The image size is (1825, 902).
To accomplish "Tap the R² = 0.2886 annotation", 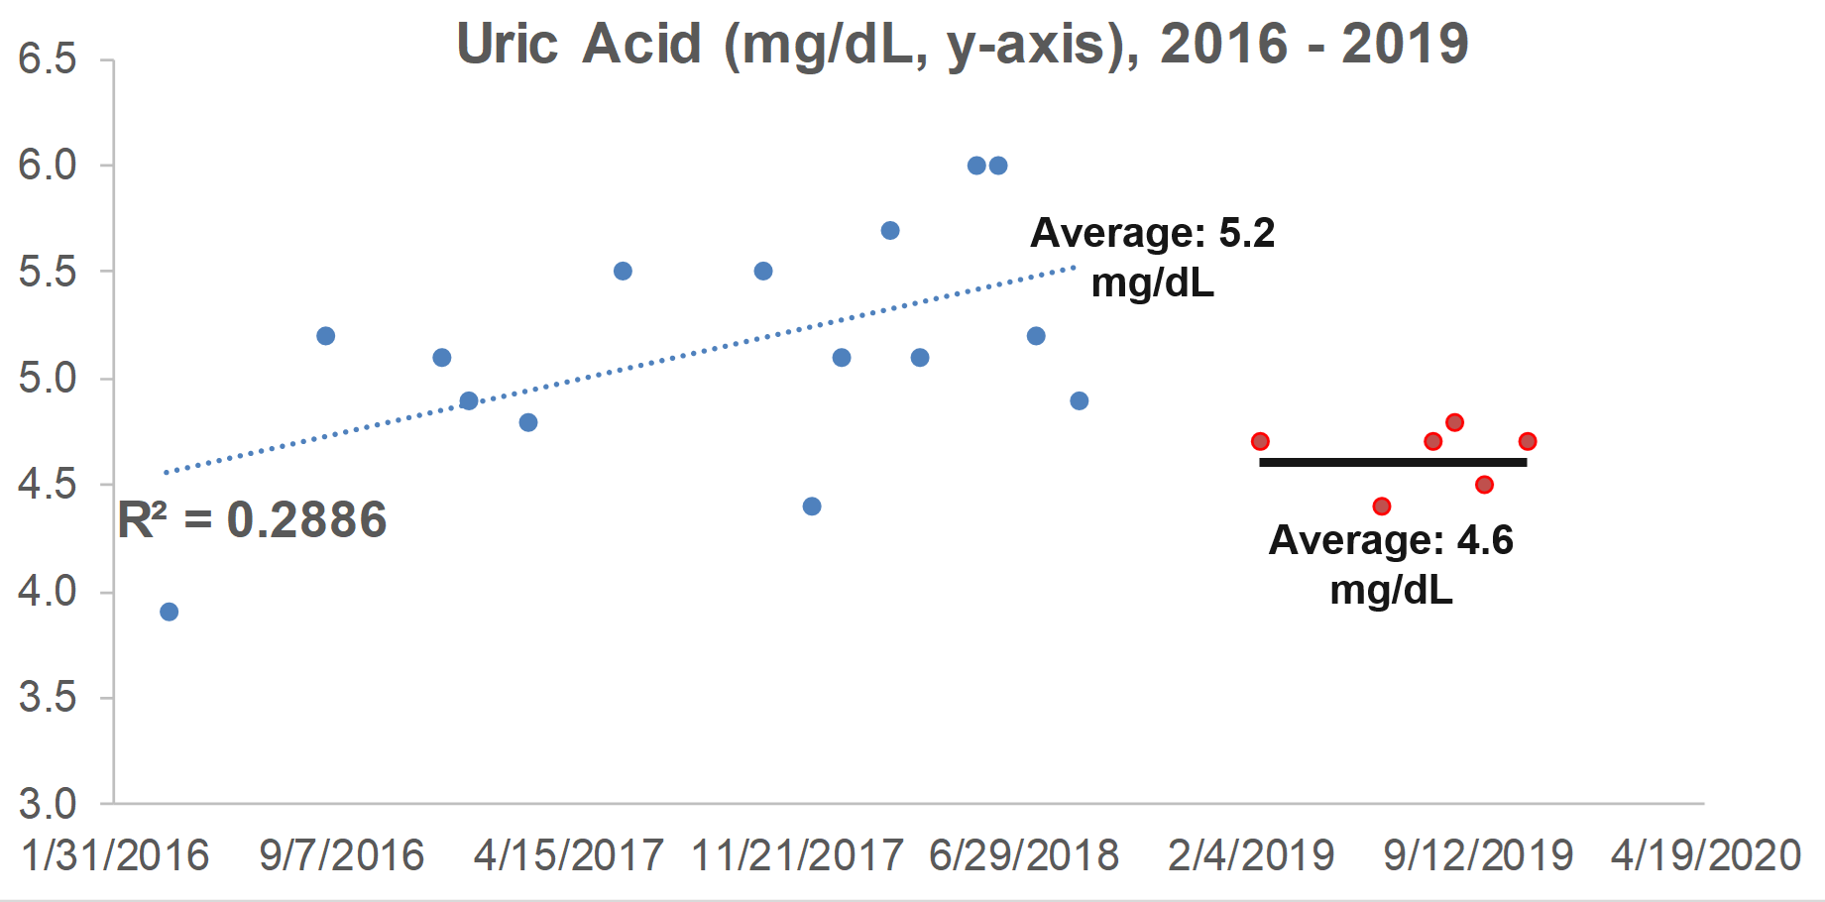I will click(x=252, y=520).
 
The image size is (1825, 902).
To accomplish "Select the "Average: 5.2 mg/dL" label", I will click(x=1152, y=258).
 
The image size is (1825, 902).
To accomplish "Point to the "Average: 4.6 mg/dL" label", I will click(x=1391, y=565).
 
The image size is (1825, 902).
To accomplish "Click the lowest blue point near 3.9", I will click(x=170, y=612).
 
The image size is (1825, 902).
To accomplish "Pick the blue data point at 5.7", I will click(x=890, y=231).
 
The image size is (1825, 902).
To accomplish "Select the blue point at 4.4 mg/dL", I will click(x=812, y=507).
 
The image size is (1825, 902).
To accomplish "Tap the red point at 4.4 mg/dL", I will click(x=1382, y=507).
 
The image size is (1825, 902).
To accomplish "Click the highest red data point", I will click(x=1454, y=422).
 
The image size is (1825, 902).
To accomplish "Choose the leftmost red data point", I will click(x=1260, y=441).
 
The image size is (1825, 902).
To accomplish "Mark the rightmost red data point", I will click(x=1528, y=441).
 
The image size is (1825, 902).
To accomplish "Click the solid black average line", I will click(x=1393, y=462).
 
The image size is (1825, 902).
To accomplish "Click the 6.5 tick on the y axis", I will click(x=48, y=59).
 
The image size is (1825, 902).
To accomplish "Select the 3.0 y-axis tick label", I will click(x=48, y=804).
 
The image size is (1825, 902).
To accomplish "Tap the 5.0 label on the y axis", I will click(x=48, y=379).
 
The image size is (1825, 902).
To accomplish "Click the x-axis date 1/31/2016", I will click(x=115, y=855).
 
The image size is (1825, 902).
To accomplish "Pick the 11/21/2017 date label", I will click(x=797, y=855).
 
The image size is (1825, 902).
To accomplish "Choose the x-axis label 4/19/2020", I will click(x=1706, y=855).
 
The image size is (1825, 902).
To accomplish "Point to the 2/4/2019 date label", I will click(x=1251, y=855).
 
